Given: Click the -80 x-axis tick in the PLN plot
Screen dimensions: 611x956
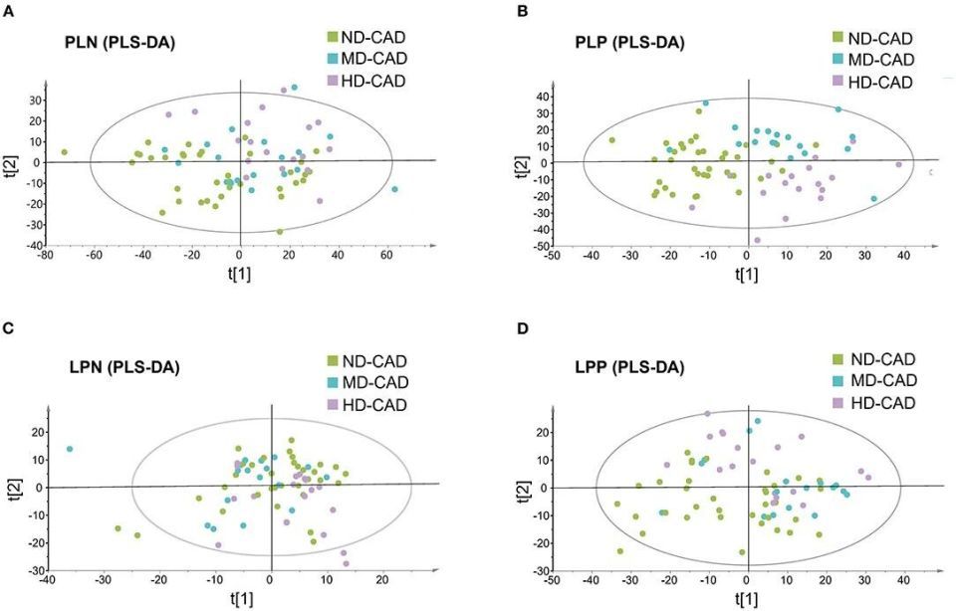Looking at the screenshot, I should [x=45, y=255].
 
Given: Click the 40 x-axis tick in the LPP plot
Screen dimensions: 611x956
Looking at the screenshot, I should [x=903, y=579].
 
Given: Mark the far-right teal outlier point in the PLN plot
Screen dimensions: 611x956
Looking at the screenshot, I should [x=395, y=189].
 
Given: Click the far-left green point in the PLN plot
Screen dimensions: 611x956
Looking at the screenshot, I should [x=65, y=152].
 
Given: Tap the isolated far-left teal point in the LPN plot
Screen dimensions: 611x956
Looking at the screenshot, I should [x=70, y=449].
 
